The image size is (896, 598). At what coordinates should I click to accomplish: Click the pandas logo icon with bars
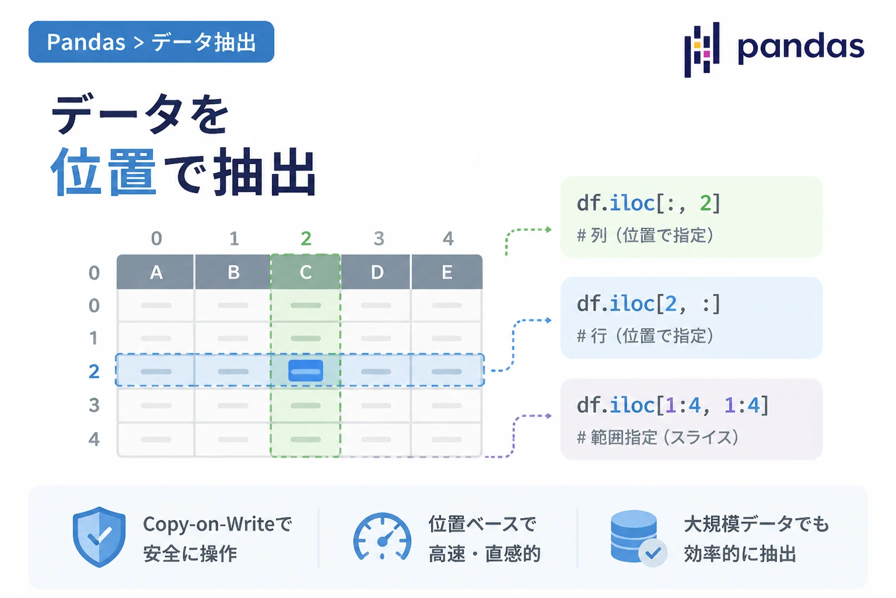[702, 49]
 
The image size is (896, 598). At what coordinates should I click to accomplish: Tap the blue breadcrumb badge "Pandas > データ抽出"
[151, 41]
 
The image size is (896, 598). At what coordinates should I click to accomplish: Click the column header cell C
[306, 272]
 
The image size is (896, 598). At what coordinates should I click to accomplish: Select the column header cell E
[447, 272]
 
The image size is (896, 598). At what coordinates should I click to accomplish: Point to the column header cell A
[156, 272]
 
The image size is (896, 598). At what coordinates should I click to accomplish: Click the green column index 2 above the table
[306, 239]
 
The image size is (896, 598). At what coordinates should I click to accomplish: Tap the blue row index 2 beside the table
[94, 371]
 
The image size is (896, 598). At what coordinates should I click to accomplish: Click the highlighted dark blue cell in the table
[306, 370]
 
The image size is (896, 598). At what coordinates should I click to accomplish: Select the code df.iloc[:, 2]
[649, 203]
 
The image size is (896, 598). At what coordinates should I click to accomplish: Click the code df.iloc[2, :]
[649, 304]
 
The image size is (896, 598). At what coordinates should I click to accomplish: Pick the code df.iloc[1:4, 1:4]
[673, 405]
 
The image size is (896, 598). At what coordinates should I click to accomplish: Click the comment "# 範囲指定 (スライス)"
[657, 437]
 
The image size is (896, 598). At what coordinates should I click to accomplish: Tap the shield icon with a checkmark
[99, 537]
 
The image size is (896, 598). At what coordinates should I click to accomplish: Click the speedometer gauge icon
[383, 537]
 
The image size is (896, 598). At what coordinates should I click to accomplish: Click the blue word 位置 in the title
[103, 171]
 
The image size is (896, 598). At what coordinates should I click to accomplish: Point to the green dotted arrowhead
[549, 230]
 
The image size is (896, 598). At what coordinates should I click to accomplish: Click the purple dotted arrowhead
[549, 416]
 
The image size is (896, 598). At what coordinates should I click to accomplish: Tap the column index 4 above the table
[448, 239]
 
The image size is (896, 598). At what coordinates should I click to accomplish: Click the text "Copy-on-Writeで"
[218, 524]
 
